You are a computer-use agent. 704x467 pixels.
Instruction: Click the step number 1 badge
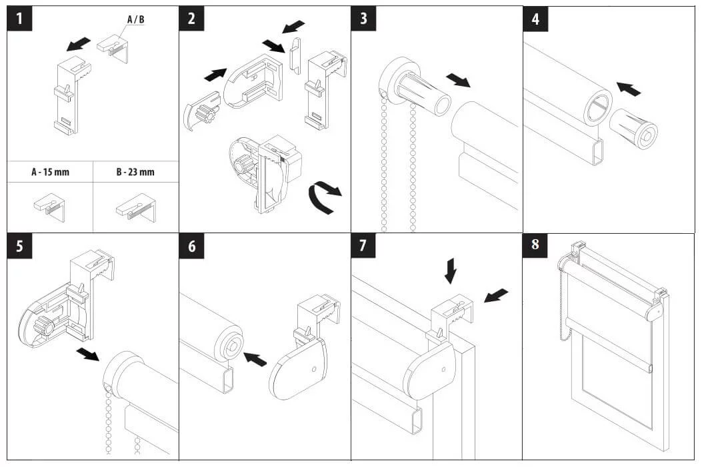[20, 19]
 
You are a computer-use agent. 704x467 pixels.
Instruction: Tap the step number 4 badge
[535, 19]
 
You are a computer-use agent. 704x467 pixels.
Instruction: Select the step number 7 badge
[363, 245]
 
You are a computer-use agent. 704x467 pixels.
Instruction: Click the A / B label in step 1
[135, 19]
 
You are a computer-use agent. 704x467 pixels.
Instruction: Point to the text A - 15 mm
[50, 172]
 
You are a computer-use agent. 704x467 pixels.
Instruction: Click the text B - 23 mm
[135, 172]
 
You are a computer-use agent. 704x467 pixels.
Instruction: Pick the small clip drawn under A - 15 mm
[49, 207]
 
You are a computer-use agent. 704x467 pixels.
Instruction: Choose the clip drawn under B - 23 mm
[136, 208]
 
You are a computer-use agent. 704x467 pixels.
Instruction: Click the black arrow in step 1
[78, 44]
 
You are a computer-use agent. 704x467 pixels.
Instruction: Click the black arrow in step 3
[458, 81]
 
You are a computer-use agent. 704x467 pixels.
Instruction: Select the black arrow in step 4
[629, 89]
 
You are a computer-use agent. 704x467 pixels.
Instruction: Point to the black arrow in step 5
[87, 354]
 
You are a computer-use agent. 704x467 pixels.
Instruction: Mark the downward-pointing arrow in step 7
[451, 270]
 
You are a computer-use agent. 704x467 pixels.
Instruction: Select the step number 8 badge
[535, 245]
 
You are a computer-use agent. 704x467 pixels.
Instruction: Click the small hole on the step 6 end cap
[314, 370]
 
